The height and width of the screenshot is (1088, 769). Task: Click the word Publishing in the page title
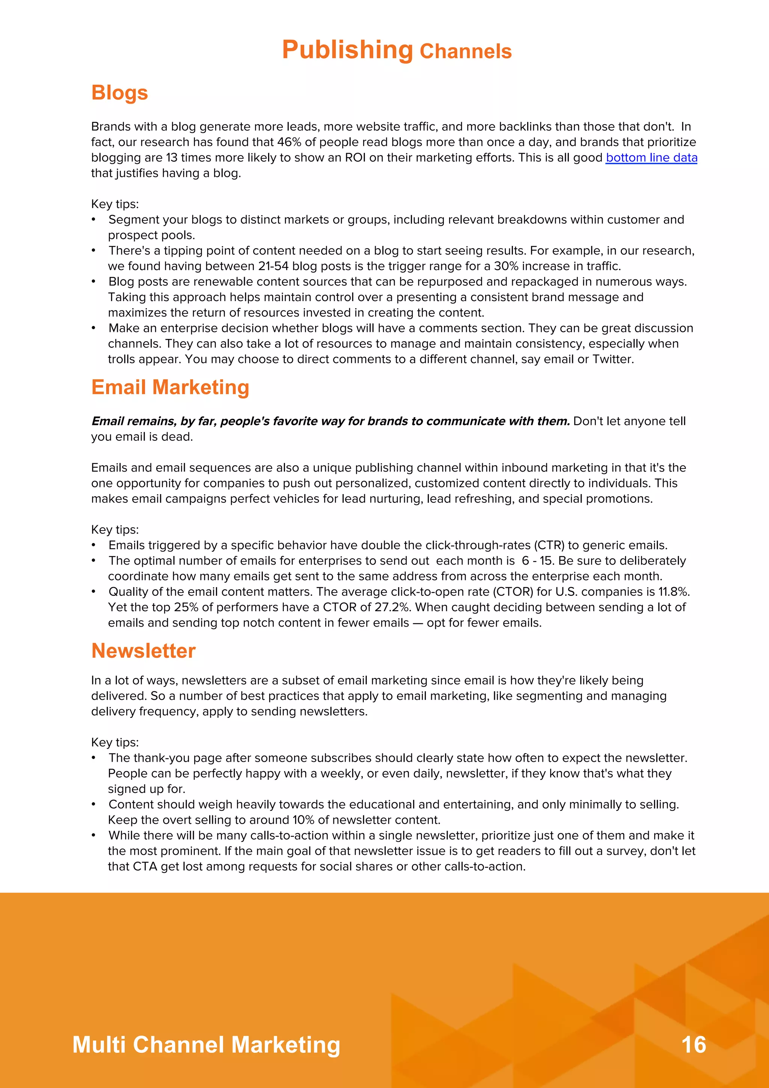(x=347, y=50)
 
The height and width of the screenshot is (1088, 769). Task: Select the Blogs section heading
(x=119, y=93)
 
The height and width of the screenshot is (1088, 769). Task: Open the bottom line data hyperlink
(x=651, y=158)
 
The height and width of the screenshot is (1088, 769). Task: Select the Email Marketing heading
(x=170, y=387)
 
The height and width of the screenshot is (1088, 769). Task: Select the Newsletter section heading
(x=143, y=651)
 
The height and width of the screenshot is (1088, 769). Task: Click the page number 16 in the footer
(x=693, y=1045)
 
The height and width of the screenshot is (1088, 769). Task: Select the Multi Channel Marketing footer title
(x=206, y=1045)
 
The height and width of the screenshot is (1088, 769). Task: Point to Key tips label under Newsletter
(x=115, y=743)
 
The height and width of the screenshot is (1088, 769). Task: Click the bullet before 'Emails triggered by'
(x=94, y=546)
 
